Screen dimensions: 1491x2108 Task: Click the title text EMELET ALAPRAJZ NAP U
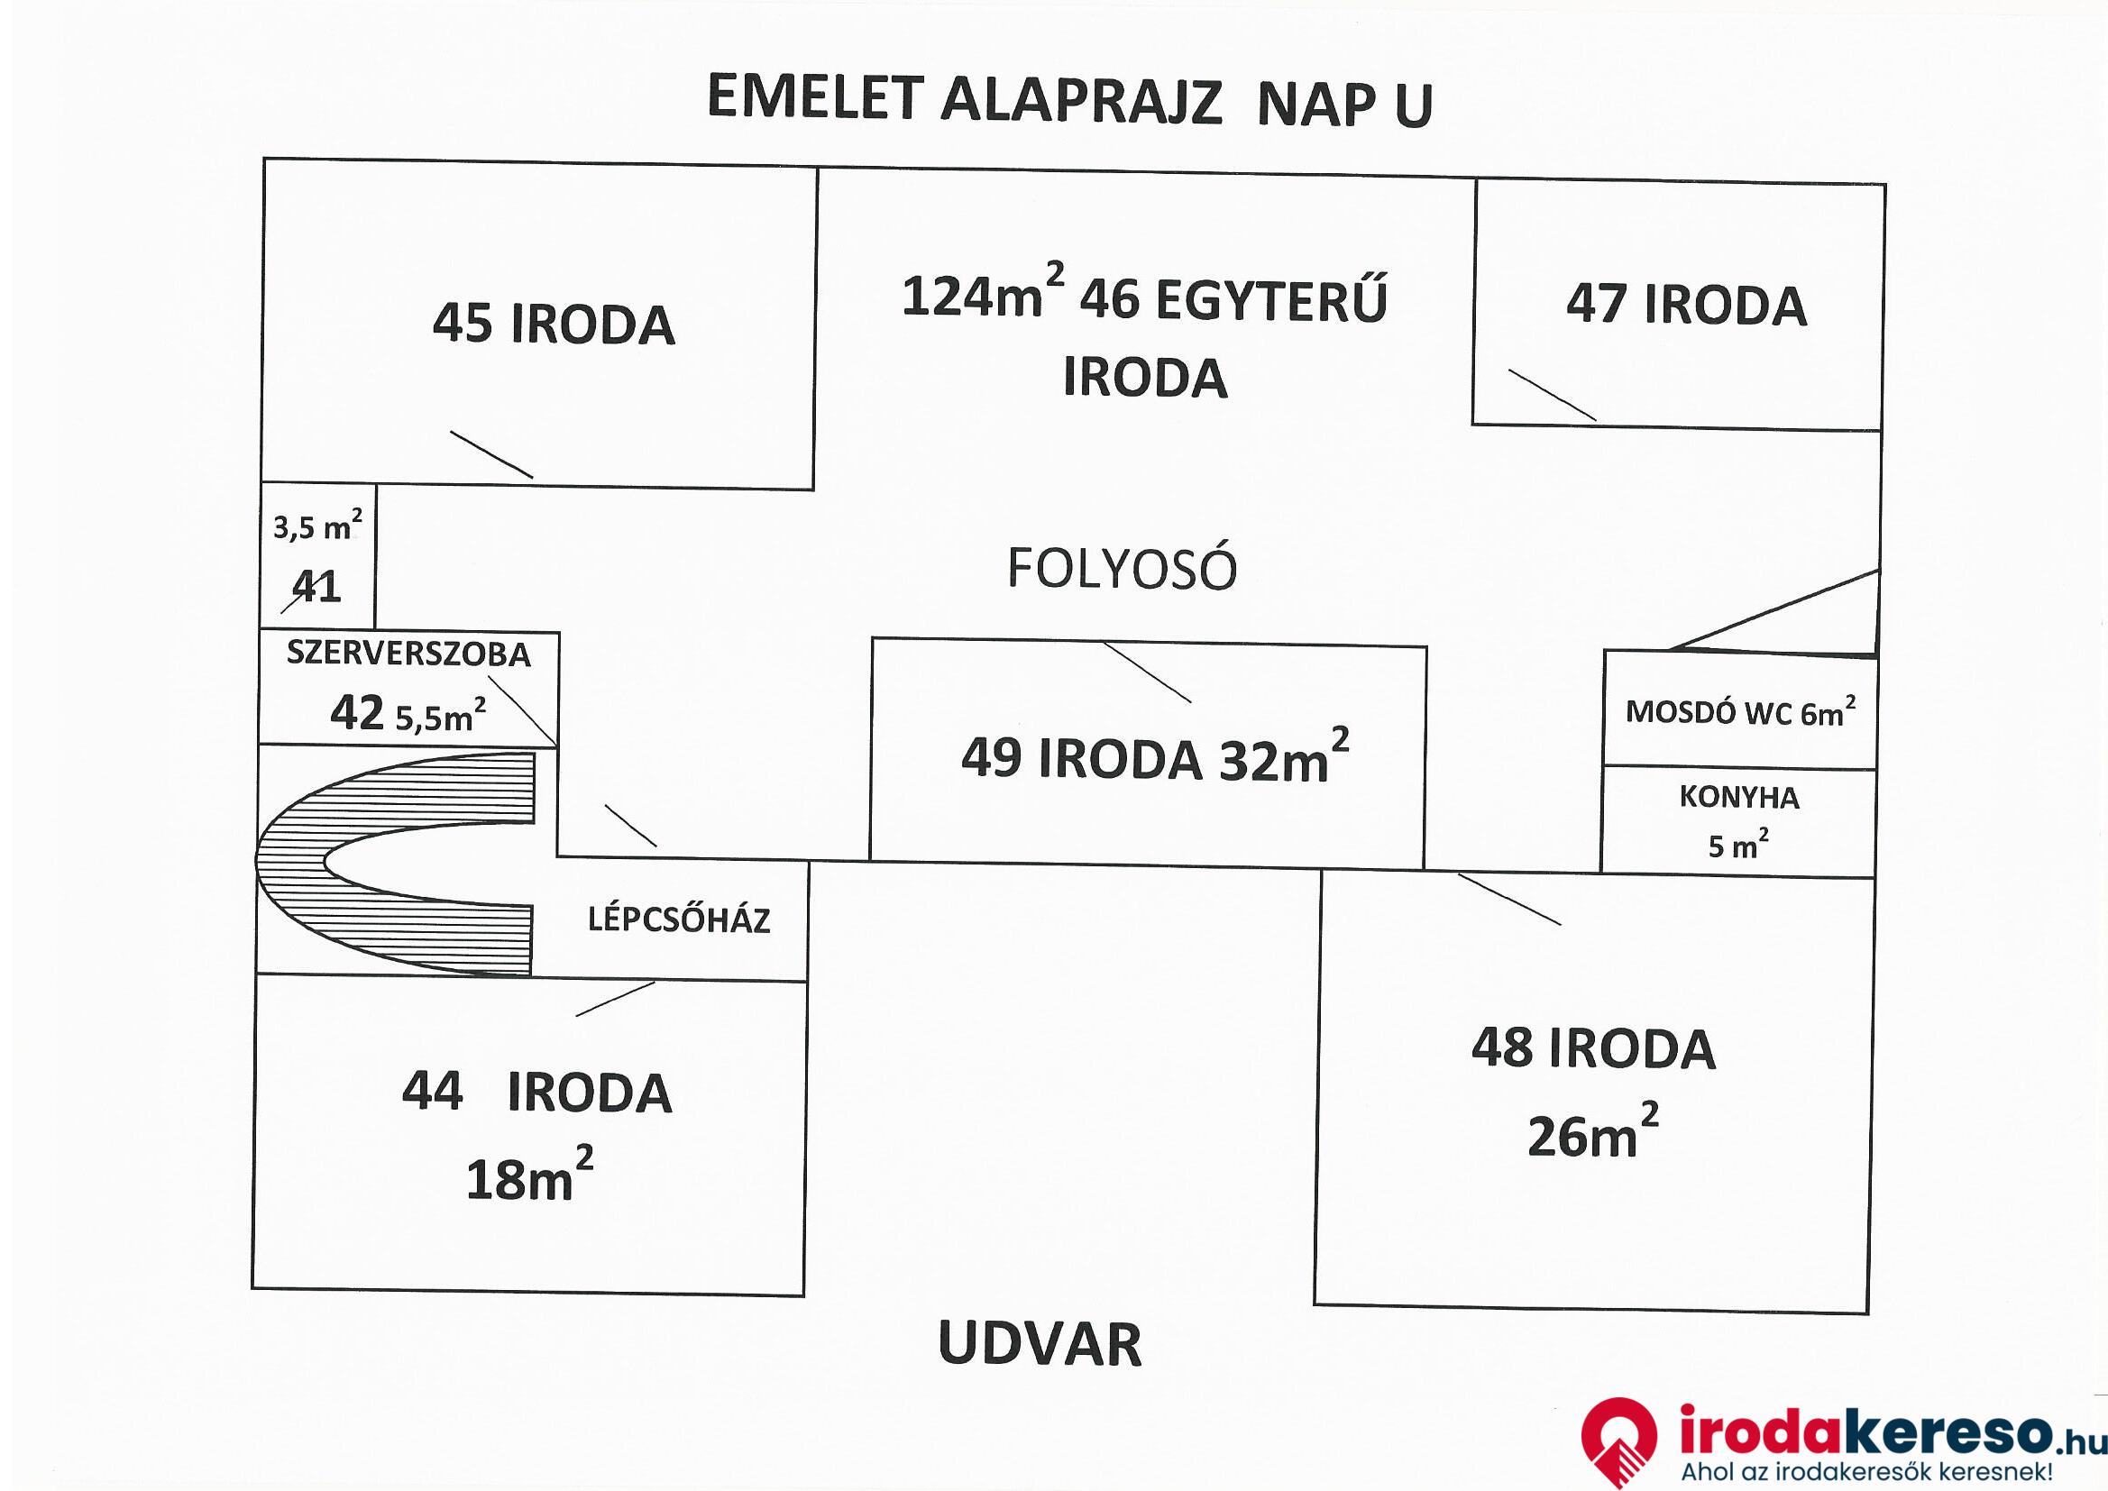(x=1068, y=101)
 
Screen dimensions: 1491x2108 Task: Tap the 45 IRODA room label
(x=554, y=325)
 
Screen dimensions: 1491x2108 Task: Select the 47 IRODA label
(x=1686, y=306)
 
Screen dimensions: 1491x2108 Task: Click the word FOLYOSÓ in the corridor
(x=1122, y=568)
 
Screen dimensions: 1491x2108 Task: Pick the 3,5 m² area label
(x=317, y=526)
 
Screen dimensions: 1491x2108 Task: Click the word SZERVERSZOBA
(x=408, y=654)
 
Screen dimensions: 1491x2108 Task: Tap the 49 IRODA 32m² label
(x=1154, y=757)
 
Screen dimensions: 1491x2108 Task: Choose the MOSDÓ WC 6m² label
(x=1740, y=711)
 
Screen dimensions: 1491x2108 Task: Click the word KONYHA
(x=1739, y=797)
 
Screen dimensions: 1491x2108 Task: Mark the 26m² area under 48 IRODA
(x=1592, y=1134)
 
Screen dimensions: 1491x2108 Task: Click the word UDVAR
(x=1040, y=1344)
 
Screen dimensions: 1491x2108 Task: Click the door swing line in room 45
(x=491, y=454)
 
